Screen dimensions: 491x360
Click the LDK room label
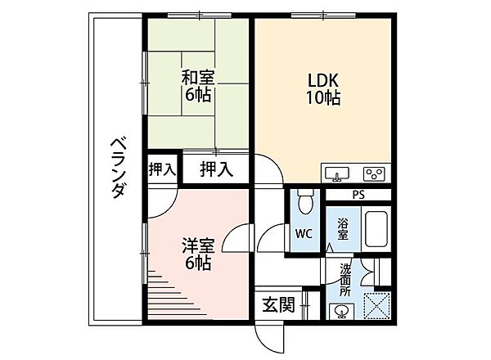323,80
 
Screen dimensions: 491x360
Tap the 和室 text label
199,78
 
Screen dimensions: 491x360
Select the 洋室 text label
199,245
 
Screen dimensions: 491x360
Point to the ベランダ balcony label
119,168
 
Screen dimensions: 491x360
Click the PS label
358,195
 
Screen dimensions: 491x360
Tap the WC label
304,233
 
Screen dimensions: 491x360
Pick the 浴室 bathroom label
343,228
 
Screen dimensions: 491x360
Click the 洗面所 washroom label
345,280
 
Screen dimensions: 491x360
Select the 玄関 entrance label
279,304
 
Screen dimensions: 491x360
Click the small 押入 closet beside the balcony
162,169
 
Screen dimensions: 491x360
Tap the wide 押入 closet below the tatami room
216,169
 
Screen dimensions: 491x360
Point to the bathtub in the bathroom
376,229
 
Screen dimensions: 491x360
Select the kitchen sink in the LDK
337,173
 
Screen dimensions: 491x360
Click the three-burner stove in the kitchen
374,173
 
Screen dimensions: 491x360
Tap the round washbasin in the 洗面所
341,312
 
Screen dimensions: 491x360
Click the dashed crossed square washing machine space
376,306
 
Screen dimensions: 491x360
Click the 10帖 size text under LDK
323,98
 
